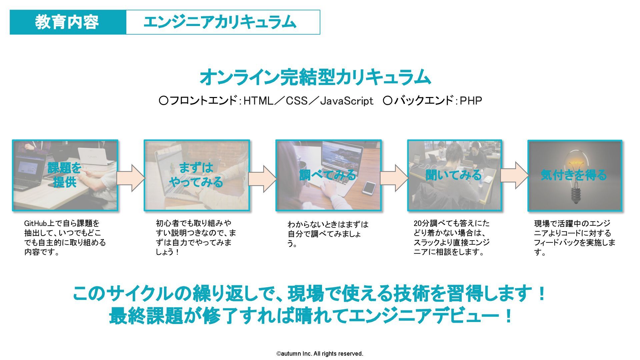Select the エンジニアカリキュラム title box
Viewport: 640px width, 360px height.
223,22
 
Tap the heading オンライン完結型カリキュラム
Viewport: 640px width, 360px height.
315,77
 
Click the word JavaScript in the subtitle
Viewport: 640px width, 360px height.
346,101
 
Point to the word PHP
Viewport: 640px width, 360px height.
471,101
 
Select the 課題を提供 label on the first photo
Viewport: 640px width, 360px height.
65,175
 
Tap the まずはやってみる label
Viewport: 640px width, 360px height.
196,175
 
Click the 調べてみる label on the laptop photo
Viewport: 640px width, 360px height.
328,175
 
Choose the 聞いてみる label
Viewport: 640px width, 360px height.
454,175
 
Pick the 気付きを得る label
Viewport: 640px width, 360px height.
574,175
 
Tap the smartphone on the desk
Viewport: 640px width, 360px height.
369,188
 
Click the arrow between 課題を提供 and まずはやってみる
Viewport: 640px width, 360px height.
131,178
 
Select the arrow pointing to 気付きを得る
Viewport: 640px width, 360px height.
514,175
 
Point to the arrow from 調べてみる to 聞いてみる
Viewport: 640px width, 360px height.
394,178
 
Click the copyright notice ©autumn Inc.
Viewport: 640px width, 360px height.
320,354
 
